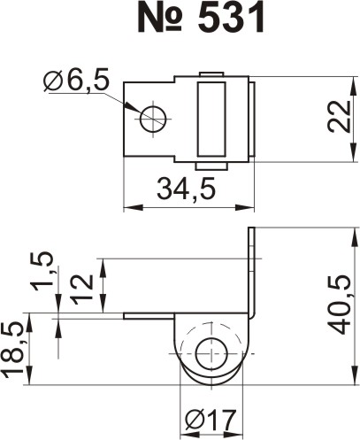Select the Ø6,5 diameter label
(76, 80)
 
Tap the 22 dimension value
(339, 116)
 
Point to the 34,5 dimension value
(187, 188)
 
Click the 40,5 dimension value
(339, 305)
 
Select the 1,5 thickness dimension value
(42, 271)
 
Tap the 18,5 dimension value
(12, 350)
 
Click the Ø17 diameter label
(211, 420)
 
